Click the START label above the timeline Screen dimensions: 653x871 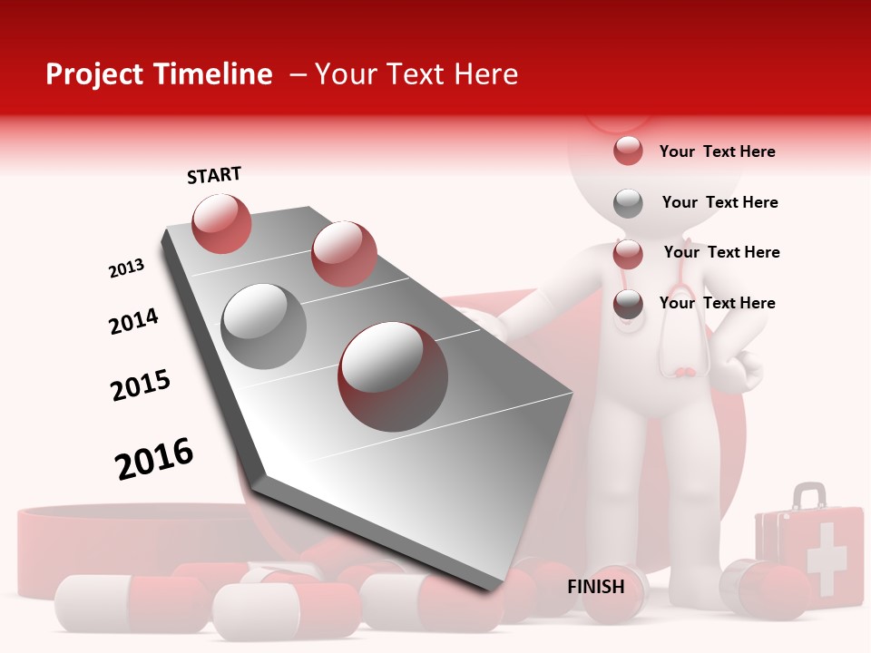coord(214,175)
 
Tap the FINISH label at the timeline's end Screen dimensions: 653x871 coord(596,587)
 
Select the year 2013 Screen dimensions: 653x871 coord(127,268)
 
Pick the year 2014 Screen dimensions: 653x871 coord(133,321)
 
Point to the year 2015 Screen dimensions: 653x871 coord(141,385)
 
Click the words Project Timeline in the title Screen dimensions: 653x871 coord(159,74)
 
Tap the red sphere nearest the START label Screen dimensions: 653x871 coord(222,223)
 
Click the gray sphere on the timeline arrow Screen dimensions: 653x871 coord(264,326)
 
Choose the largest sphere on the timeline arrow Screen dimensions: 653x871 coord(393,376)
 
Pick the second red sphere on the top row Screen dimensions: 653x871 coord(344,253)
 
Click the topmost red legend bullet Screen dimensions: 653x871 coord(628,151)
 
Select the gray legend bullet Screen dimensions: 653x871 coord(628,203)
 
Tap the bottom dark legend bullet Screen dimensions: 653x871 coord(628,305)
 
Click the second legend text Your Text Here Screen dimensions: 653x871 coord(719,202)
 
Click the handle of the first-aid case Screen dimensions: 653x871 coord(809,495)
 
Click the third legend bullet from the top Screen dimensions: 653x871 coord(628,254)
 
